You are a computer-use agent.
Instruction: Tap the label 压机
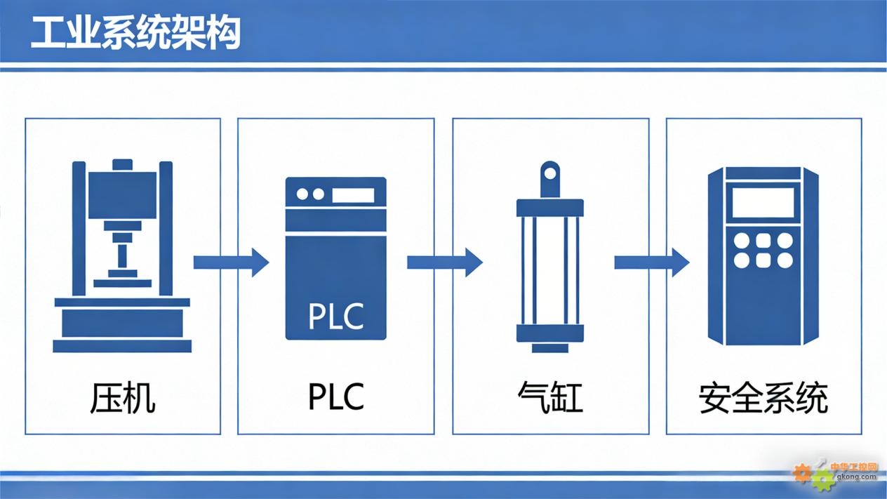[122, 397]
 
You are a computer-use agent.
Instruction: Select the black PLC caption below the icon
[336, 397]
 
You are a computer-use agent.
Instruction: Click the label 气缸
[550, 397]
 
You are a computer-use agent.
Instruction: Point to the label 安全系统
[763, 398]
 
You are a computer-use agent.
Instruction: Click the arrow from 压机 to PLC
[230, 262]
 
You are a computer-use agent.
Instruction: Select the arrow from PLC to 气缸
[444, 262]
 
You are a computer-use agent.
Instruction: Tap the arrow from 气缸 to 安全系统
[651, 262]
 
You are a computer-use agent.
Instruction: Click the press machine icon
[122, 256]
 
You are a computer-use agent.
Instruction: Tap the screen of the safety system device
[763, 203]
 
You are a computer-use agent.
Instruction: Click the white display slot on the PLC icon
[353, 194]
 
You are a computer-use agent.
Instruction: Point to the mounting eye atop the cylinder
[550, 173]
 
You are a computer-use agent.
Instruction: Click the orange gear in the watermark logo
[802, 473]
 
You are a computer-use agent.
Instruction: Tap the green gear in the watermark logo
[822, 481]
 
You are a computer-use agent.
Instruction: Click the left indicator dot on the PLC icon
[303, 194]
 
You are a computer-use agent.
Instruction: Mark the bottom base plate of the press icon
[122, 346]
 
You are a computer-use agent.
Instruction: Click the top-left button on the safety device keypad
[741, 241]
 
